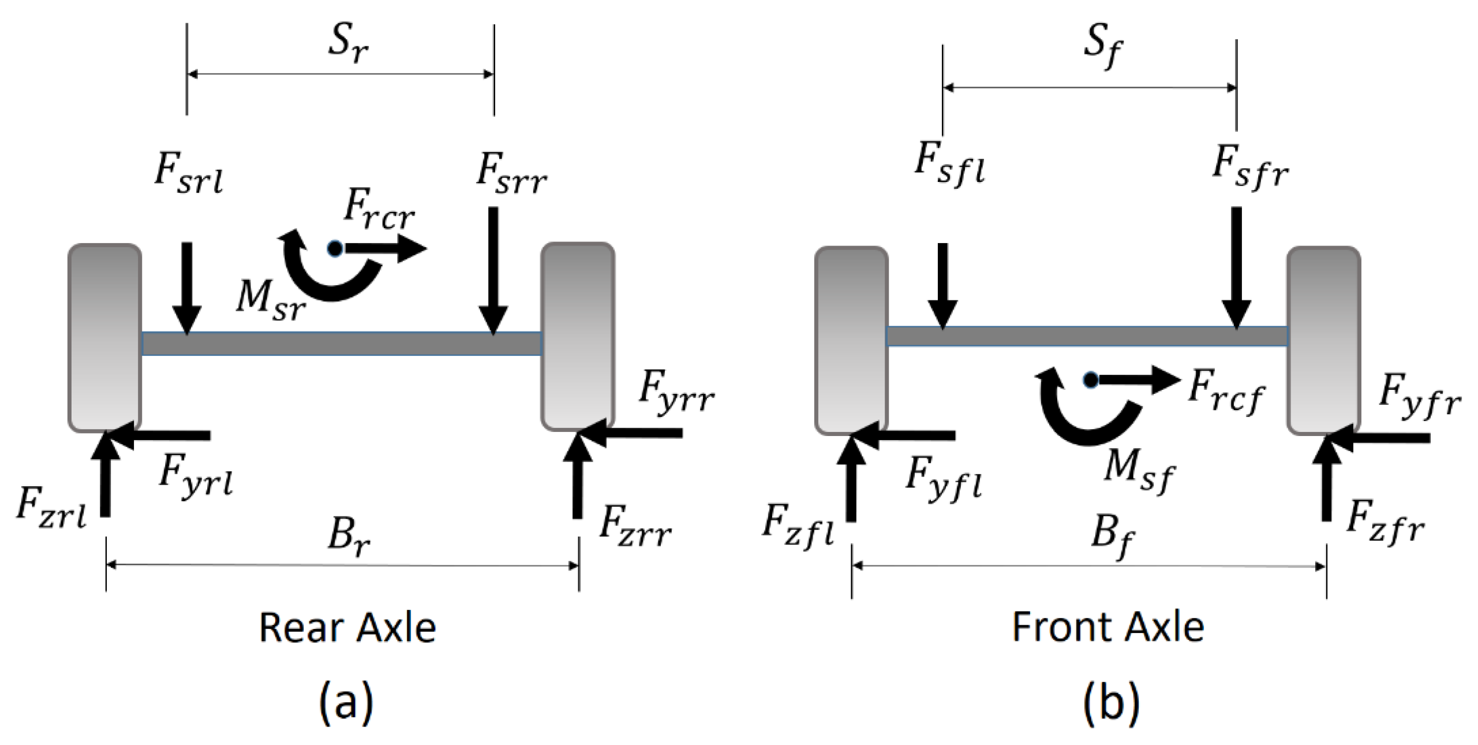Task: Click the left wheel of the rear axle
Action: [x=104, y=337]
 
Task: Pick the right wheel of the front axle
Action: [x=1323, y=341]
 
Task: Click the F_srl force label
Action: [x=188, y=173]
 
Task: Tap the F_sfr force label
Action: [x=1250, y=167]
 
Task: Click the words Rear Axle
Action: [x=347, y=628]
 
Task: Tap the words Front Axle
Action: [x=1108, y=627]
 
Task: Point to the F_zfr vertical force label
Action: [x=1385, y=523]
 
